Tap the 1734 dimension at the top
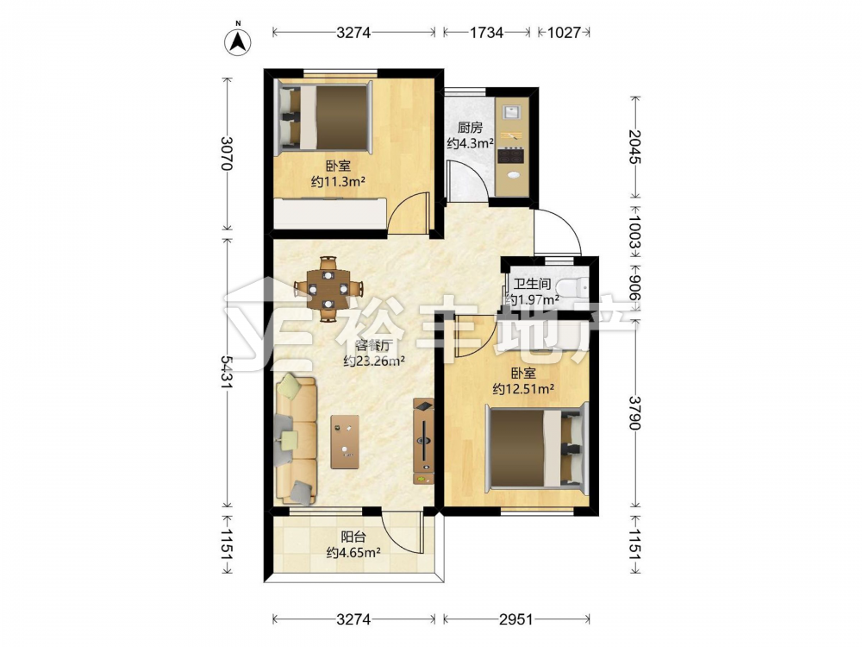pyautogui.click(x=486, y=33)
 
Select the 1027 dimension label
pyautogui.click(x=564, y=33)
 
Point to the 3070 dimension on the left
pyautogui.click(x=227, y=154)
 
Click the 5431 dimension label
pyautogui.click(x=227, y=373)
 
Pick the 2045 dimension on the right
pyautogui.click(x=634, y=147)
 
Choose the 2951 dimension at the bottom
pyautogui.click(x=516, y=619)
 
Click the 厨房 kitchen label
pyautogui.click(x=470, y=128)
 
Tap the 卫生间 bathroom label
pyautogui.click(x=532, y=285)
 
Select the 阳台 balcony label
pyautogui.click(x=353, y=537)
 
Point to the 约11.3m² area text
pyautogui.click(x=339, y=181)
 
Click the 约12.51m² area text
pyautogui.click(x=523, y=389)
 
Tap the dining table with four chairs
pyautogui.click(x=328, y=288)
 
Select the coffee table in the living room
pyautogui.click(x=345, y=442)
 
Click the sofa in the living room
pyautogui.click(x=296, y=439)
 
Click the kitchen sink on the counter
pyautogui.click(x=512, y=111)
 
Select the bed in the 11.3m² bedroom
pyautogui.click(x=324, y=116)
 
